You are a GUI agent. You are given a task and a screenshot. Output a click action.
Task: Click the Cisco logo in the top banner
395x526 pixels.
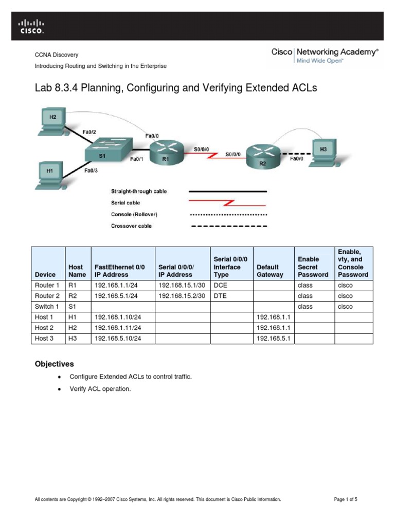[31, 26]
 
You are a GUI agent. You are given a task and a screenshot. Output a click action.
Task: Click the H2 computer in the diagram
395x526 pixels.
[53, 120]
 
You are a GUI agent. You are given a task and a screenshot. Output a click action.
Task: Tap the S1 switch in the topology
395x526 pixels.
[108, 148]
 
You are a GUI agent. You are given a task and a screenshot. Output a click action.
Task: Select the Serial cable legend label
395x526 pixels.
[125, 203]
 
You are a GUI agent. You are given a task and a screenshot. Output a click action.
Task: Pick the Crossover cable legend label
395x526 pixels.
[132, 226]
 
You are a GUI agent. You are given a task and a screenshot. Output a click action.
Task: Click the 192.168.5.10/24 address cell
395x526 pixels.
[117, 339]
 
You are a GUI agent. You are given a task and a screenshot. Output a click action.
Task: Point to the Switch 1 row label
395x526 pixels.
[47, 307]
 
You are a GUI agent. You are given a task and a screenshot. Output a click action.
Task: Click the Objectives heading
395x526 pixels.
[54, 364]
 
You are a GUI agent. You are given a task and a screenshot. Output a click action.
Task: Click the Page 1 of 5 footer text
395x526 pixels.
[348, 499]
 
